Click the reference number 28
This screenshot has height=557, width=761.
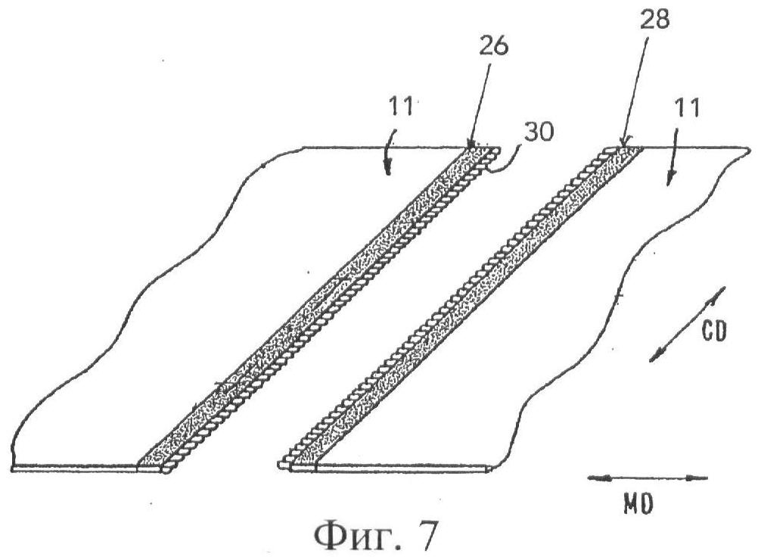tap(653, 20)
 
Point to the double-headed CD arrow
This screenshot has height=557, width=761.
tap(687, 325)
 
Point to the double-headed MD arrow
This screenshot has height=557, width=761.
tap(648, 478)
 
